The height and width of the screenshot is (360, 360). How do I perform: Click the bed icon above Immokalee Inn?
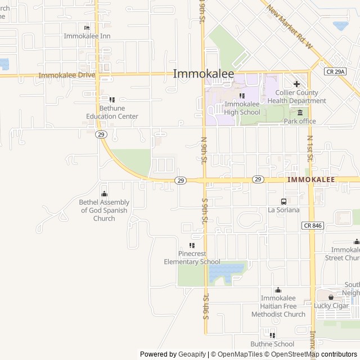[87, 28]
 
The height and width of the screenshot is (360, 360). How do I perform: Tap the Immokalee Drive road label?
[67, 75]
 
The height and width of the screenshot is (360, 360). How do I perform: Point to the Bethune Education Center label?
[112, 112]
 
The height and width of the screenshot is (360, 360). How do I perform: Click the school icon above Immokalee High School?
[242, 96]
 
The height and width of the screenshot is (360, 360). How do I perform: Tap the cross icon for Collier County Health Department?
[296, 84]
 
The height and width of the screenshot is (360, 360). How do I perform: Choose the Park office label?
[299, 121]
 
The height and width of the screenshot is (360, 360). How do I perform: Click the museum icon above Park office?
[300, 112]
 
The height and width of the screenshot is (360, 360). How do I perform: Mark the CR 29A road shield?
[336, 71]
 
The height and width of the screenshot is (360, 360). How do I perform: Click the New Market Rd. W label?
[289, 28]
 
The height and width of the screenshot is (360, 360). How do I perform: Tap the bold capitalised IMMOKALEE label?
[311, 179]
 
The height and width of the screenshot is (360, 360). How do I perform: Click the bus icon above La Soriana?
[283, 201]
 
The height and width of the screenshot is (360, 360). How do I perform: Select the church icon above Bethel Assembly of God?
[103, 193]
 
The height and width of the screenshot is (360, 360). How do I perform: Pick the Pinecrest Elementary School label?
[192, 258]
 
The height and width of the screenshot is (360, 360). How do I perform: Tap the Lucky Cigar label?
[331, 305]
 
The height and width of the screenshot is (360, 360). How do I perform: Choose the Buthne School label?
[272, 344]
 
